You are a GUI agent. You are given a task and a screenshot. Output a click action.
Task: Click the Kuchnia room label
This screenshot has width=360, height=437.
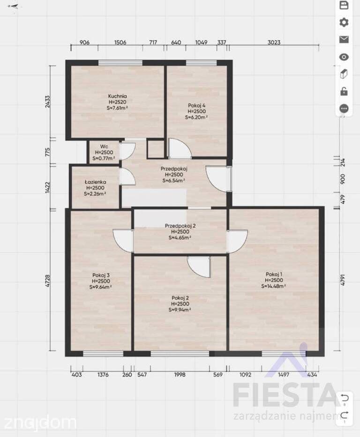[x=117, y=96]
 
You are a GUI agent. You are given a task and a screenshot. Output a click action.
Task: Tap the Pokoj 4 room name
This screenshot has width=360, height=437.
[x=196, y=105]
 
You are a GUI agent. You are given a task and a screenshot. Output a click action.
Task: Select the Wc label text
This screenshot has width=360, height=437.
[x=104, y=146]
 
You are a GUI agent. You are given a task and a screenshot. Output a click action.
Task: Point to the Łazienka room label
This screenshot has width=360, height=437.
[x=95, y=182]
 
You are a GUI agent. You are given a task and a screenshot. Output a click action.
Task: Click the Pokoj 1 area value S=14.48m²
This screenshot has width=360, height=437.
[x=274, y=286]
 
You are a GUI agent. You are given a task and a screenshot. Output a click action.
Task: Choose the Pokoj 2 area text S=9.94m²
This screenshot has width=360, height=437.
[x=180, y=310]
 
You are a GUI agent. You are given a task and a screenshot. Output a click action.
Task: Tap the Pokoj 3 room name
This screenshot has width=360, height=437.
[x=101, y=275]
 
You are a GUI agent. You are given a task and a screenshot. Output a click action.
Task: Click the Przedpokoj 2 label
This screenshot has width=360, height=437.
[x=180, y=225]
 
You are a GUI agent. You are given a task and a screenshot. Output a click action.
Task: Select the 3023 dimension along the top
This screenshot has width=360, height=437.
[x=274, y=42]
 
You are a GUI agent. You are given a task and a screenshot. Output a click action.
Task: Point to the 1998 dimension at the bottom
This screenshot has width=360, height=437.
[x=180, y=375]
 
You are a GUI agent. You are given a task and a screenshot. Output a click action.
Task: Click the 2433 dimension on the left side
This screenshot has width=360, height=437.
[x=47, y=102]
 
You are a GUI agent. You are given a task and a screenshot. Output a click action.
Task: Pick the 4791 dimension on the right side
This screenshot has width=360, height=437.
[x=343, y=280]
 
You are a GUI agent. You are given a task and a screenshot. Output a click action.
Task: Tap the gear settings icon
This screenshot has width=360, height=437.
[x=344, y=22]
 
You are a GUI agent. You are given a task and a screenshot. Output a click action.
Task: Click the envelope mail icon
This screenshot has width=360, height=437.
[x=344, y=39]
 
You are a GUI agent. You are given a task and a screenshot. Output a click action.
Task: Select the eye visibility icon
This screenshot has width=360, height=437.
[x=344, y=57]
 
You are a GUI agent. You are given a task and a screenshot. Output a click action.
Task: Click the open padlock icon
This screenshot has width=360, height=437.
[x=344, y=91]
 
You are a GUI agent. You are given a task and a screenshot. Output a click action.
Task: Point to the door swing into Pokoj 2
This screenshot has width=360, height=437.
[x=199, y=267]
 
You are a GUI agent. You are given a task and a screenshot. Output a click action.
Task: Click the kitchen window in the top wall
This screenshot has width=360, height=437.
[x=120, y=63]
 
